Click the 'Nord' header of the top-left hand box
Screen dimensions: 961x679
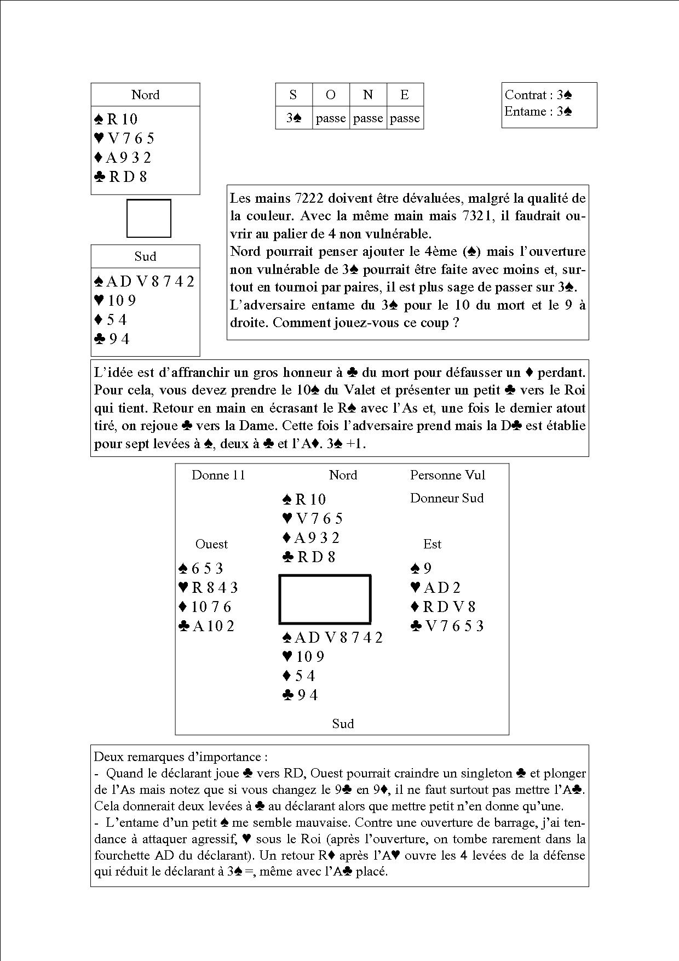[145, 95]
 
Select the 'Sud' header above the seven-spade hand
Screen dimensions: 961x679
[145, 256]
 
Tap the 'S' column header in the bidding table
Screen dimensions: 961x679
[293, 95]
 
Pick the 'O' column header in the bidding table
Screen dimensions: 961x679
[330, 95]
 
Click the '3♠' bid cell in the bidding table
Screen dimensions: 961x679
[294, 118]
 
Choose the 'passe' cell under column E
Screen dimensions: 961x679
[405, 118]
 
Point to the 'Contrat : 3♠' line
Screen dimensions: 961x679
[538, 95]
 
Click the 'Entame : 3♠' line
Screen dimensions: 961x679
[538, 112]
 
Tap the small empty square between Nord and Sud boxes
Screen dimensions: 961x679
[148, 218]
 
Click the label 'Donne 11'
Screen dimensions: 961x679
[218, 475]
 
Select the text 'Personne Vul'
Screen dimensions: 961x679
[447, 475]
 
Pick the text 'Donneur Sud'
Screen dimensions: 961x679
[447, 498]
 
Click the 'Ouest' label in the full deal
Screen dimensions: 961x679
[211, 544]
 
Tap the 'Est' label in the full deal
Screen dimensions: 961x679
[432, 544]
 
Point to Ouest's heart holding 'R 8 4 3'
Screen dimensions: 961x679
[208, 588]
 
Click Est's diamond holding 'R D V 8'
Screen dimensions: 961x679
[443, 607]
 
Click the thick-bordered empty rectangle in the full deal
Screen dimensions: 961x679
[325, 599]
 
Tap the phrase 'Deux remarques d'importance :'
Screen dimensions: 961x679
[181, 757]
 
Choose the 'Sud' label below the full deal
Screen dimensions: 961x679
[343, 724]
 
